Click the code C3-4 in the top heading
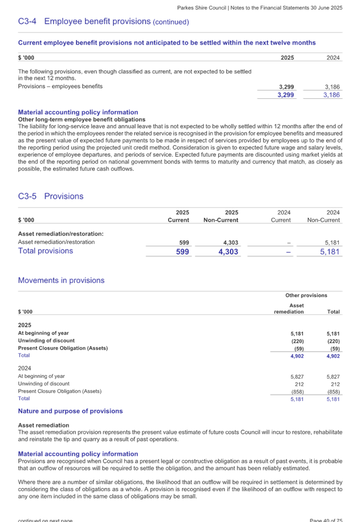[x=27, y=22]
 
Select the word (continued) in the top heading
[x=171, y=22]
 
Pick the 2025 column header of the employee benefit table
[x=287, y=58]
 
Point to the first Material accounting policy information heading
[x=78, y=112]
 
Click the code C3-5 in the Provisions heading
[x=27, y=197]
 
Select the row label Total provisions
[x=45, y=251]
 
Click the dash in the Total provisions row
[x=289, y=252]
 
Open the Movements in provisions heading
[x=61, y=280]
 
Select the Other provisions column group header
[x=306, y=295]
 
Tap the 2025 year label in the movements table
[x=25, y=325]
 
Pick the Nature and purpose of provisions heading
[x=70, y=411]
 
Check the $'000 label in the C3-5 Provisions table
[x=26, y=220]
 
